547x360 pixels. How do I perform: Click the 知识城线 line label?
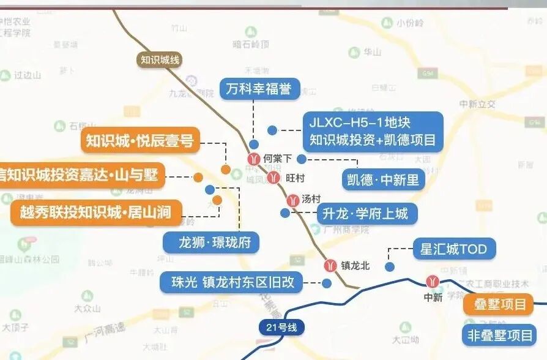(x=160, y=59)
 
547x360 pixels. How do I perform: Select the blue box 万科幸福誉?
(x=258, y=89)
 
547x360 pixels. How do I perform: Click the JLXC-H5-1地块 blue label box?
(x=373, y=130)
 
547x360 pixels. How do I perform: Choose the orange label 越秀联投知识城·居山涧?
(x=97, y=214)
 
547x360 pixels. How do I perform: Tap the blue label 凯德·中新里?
(x=383, y=179)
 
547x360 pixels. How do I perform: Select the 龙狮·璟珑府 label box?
(x=211, y=242)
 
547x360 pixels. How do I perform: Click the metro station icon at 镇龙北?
(x=330, y=266)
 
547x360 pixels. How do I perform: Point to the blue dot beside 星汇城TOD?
(x=389, y=266)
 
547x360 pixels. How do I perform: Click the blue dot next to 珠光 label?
(x=326, y=283)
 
